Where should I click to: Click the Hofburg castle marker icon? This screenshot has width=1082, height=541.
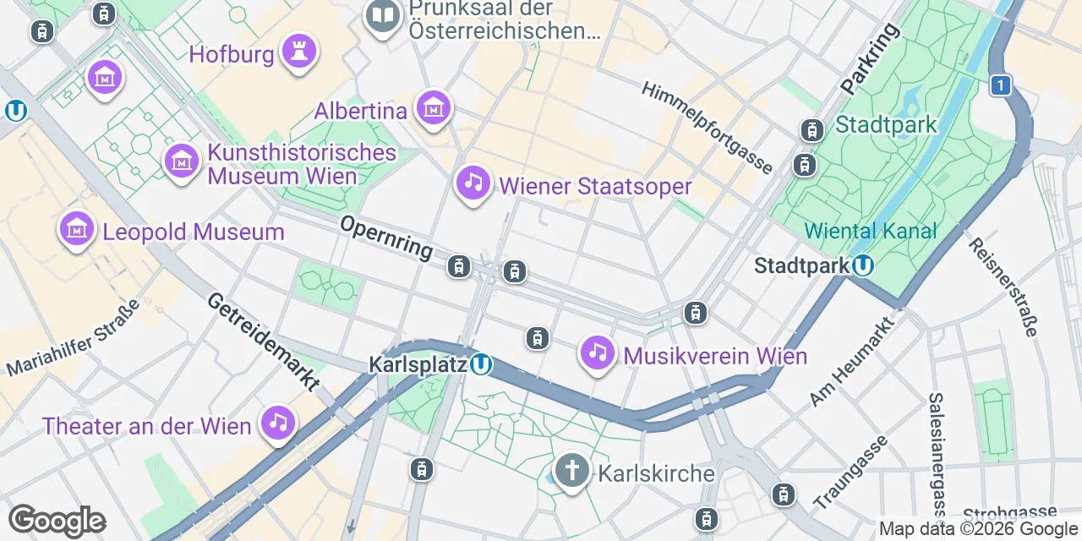pos(298,52)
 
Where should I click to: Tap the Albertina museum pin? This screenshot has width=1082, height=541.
pos(433,108)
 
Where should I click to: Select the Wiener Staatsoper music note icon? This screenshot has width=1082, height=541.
pos(473,183)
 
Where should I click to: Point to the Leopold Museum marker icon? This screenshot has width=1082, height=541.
pos(77,229)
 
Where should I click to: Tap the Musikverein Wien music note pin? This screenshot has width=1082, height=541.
pos(598,353)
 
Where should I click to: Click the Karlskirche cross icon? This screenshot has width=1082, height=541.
pos(571,471)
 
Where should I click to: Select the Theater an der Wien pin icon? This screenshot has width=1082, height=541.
pos(278,423)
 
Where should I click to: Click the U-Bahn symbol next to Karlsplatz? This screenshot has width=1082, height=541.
pos(481,364)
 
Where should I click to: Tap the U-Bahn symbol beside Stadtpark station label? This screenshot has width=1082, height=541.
pos(862,266)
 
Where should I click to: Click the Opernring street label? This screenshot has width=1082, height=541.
pos(386,238)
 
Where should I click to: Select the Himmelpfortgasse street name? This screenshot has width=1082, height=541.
pos(707,128)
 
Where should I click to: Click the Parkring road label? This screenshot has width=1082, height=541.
pos(871,58)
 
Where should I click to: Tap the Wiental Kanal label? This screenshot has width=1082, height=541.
pos(871,231)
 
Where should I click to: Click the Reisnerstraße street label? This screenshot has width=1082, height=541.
pos(1003,287)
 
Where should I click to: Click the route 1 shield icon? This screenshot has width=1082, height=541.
pos(1001,85)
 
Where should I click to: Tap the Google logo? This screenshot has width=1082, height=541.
pos(57,521)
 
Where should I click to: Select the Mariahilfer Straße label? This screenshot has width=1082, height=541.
pos(72,344)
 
